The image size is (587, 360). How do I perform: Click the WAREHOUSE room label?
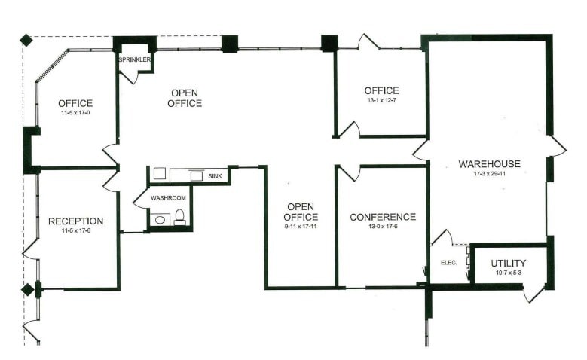tap(489, 164)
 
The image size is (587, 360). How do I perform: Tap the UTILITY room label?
tap(509, 263)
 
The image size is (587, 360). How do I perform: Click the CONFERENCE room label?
tap(383, 217)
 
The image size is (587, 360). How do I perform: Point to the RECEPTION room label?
tap(75, 221)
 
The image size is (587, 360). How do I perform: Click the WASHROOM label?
tap(168, 198)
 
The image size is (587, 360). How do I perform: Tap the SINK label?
tap(215, 174)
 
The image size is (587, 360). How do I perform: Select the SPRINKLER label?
tap(136, 59)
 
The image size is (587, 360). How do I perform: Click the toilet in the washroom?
tap(180, 218)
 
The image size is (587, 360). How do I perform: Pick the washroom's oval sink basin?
tap(160, 219)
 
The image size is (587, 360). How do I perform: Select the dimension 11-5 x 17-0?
tap(75, 113)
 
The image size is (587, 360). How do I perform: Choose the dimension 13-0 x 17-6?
tap(383, 227)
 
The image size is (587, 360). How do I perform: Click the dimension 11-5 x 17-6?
tap(75, 231)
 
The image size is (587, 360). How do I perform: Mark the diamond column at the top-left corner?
tap(26, 39)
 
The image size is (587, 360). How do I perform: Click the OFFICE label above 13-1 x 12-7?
tap(381, 90)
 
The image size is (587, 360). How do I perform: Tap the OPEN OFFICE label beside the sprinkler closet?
tap(185, 98)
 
